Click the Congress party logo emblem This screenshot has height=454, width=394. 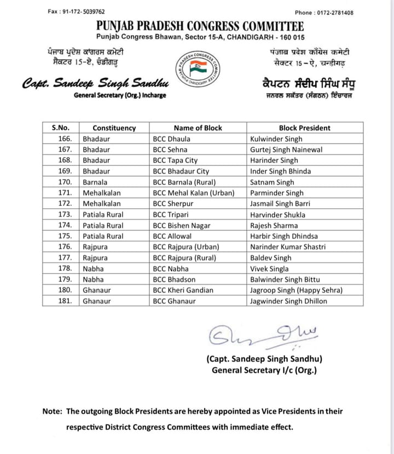coord(197,70)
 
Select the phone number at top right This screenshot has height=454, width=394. coord(324,13)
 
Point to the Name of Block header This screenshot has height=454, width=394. coord(198,128)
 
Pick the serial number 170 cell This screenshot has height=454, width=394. coord(65,182)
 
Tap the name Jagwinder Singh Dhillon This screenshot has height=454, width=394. coord(288,301)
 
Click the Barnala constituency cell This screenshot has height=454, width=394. coord(95,182)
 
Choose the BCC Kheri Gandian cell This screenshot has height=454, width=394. coord(183,290)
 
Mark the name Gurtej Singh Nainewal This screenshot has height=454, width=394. coord(286,150)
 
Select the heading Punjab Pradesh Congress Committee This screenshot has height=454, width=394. coord(200,26)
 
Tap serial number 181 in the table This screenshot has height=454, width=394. coord(65,301)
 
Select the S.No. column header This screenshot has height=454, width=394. coord(60,128)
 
